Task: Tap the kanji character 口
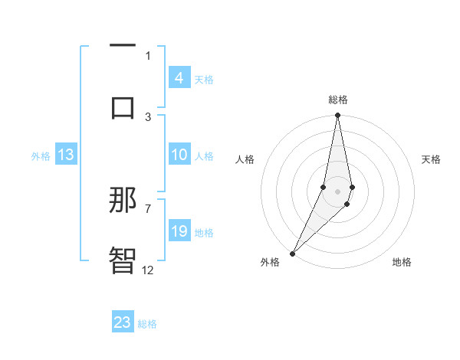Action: point(123,106)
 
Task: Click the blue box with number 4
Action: point(179,77)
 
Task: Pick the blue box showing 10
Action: point(179,155)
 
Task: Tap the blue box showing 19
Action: point(179,231)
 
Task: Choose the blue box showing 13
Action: point(66,155)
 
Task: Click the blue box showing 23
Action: point(123,322)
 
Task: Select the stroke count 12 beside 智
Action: point(148,270)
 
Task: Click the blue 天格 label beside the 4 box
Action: point(204,79)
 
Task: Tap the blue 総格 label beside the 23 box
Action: point(147,324)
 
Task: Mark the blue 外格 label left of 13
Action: point(41,156)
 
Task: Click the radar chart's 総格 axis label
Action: point(338,100)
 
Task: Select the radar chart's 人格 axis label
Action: point(245,159)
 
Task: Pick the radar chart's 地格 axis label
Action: point(402,262)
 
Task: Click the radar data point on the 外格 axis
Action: point(292,254)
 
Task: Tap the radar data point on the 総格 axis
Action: point(338,116)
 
